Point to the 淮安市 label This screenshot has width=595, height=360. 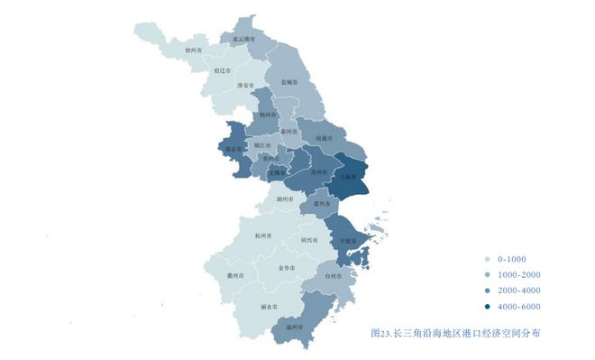pyautogui.click(x=245, y=86)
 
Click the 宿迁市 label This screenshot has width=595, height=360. pyautogui.click(x=223, y=69)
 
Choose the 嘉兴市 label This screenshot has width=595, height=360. pyautogui.click(x=319, y=204)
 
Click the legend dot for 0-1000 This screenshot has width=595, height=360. pyautogui.click(x=488, y=258)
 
